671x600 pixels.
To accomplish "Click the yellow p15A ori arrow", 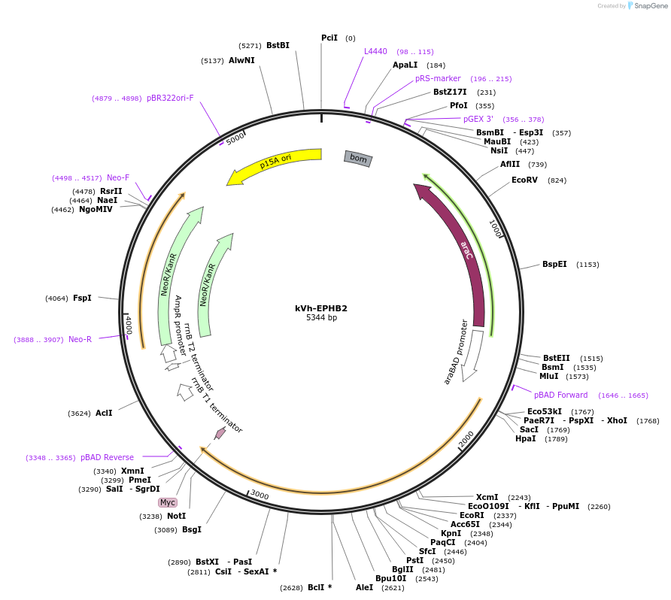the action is coord(274,163).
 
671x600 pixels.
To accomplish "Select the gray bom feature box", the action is coord(358,158).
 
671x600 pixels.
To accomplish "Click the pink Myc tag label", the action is coord(167,502).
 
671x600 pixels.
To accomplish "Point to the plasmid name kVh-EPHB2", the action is coord(321,308).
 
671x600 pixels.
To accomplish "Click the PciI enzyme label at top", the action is coord(329,38).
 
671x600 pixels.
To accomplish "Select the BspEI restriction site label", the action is coord(554,265).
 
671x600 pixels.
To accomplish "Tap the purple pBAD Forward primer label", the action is coord(560,395).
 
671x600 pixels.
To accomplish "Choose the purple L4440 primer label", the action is coord(375,51).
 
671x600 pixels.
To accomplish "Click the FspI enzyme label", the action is coord(82,298).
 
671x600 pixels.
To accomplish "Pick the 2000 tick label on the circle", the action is coord(466,439).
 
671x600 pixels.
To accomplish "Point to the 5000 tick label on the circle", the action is coord(235,138).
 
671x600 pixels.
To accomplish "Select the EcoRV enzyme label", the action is coord(524,180).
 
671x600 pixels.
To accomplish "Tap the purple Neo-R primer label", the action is coord(80,340).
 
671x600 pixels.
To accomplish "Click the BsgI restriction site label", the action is coord(192,530).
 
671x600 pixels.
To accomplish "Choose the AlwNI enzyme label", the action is coord(241,61).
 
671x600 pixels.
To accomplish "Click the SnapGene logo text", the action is coord(651,6).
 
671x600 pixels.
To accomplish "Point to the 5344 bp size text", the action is coord(321,318).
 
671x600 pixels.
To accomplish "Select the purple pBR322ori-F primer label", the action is coord(170,98).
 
